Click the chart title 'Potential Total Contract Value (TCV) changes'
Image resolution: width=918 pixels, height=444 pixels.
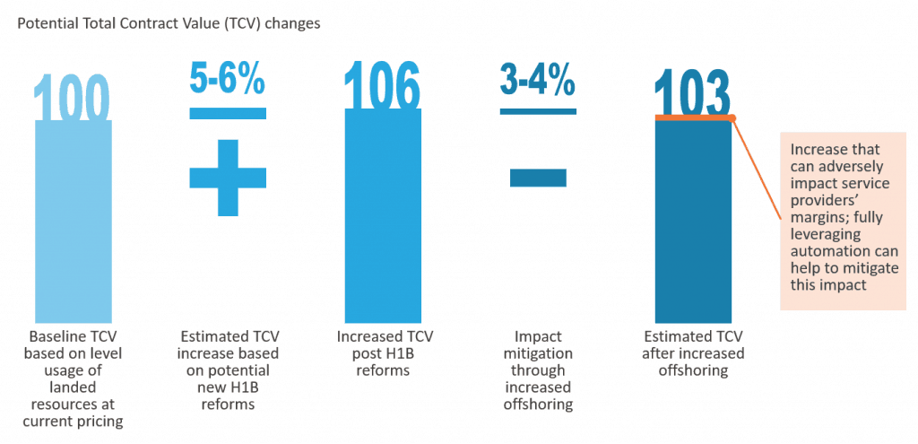pyautogui.click(x=169, y=24)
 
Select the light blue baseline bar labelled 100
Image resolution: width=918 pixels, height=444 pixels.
pyautogui.click(x=74, y=224)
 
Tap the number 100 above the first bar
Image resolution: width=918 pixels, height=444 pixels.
pyautogui.click(x=74, y=99)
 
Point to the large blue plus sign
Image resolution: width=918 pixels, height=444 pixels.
pyautogui.click(x=228, y=178)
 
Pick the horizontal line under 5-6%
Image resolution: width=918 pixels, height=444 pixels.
pyautogui.click(x=228, y=113)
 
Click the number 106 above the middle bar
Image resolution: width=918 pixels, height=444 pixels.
pyautogui.click(x=383, y=88)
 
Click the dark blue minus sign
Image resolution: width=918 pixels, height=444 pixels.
pyautogui.click(x=538, y=178)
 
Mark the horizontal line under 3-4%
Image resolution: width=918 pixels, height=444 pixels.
pyautogui.click(x=538, y=111)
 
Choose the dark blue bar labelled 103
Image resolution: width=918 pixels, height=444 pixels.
pyautogui.click(x=693, y=224)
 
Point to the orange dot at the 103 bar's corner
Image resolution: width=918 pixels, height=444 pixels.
pyautogui.click(x=732, y=118)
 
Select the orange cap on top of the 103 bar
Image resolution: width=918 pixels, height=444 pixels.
pyautogui.click(x=693, y=118)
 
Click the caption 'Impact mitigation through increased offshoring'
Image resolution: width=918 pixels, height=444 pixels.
pyautogui.click(x=539, y=370)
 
